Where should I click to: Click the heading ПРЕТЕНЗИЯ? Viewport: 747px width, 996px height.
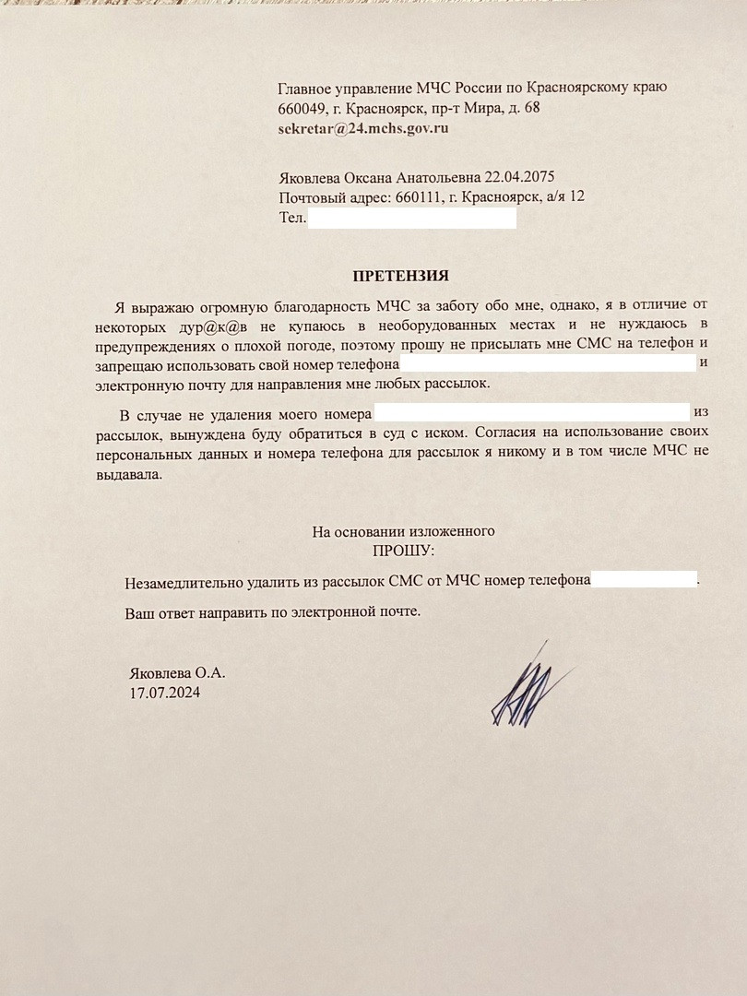(401, 275)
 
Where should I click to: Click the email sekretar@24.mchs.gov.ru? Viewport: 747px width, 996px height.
(362, 128)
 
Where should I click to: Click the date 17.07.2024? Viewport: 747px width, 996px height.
(165, 692)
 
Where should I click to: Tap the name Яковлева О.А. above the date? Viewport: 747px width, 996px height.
(177, 673)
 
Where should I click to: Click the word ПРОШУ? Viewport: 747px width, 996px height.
(402, 551)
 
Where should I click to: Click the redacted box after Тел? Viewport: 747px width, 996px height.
(411, 219)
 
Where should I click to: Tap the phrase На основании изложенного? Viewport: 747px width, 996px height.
(404, 531)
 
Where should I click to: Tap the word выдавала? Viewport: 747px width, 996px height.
(127, 476)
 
